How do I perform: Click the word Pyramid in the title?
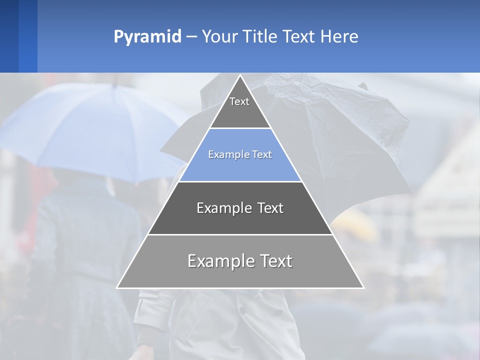tap(147, 37)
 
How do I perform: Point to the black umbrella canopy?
tap(345, 130)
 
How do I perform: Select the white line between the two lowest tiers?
tap(240, 234)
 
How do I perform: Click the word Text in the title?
tap(298, 36)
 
